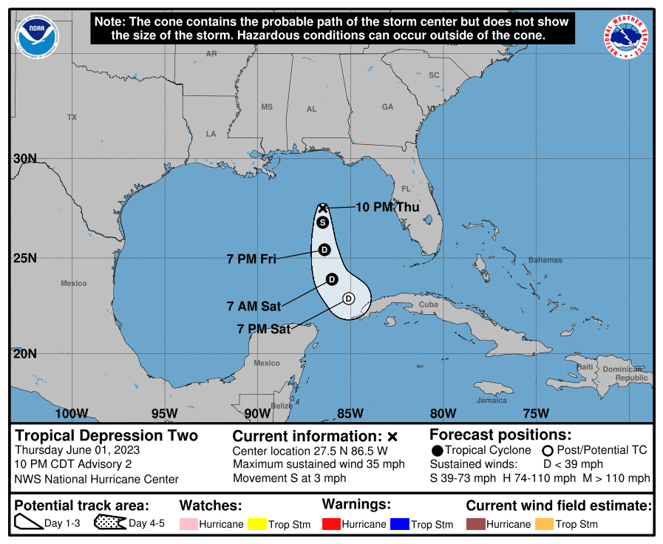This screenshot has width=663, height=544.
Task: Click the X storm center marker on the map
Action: (323, 208)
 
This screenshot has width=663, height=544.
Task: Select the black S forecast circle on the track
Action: (323, 222)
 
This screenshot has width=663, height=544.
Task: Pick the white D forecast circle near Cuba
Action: (349, 299)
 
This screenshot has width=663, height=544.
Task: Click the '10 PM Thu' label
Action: (387, 207)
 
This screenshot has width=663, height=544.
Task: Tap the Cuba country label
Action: (429, 305)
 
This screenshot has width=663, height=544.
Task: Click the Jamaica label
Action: (492, 400)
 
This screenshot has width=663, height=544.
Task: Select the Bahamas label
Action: (545, 260)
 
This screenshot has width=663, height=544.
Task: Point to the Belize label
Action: (281, 406)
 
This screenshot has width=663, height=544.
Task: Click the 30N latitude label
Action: (25, 158)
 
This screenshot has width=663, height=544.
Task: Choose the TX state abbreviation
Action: (72, 118)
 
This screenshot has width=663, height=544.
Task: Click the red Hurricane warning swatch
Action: (331, 524)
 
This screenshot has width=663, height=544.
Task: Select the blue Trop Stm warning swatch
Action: (401, 524)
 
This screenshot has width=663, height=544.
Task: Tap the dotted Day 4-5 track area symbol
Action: (109, 524)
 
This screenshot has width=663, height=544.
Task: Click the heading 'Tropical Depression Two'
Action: (106, 435)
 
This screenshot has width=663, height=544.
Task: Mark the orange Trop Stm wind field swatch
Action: (545, 524)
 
